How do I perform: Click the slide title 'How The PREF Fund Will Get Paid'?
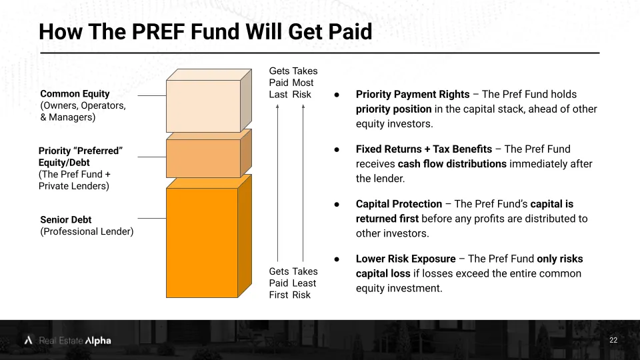(x=205, y=31)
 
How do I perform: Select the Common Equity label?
(x=75, y=93)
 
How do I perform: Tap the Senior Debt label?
(x=66, y=219)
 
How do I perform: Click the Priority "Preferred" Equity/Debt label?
(x=81, y=156)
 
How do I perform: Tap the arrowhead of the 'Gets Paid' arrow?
(x=277, y=106)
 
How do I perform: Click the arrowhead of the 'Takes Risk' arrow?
(x=303, y=106)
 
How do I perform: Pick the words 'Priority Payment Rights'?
(x=413, y=94)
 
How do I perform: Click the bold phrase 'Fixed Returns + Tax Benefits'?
(x=424, y=149)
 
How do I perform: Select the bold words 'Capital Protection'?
(x=399, y=204)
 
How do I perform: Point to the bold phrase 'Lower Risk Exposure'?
(x=406, y=259)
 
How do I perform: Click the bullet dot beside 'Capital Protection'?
(x=337, y=204)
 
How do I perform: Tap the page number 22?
(x=613, y=340)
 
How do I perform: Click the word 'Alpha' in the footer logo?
(x=98, y=341)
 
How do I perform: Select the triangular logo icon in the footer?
(x=28, y=340)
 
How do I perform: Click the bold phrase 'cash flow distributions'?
(x=452, y=164)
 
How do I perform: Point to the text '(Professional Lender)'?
(x=87, y=231)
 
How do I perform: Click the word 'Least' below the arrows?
(x=304, y=283)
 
